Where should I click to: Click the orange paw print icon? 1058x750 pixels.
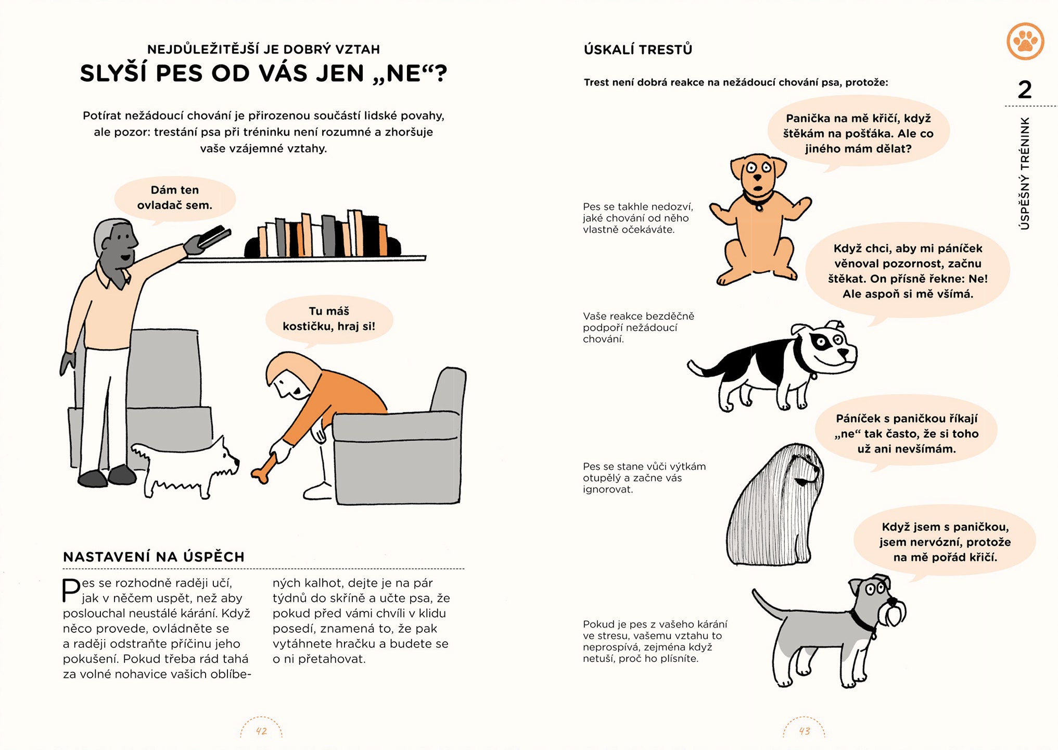[x=1025, y=41]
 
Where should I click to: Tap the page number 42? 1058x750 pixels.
[x=261, y=731]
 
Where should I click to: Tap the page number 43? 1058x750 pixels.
[x=805, y=731]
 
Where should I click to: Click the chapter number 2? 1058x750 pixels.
[x=1024, y=90]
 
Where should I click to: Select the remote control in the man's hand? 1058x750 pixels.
[x=213, y=237]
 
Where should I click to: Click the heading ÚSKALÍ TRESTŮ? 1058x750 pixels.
[x=638, y=49]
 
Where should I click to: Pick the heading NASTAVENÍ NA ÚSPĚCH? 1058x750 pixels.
[x=154, y=557]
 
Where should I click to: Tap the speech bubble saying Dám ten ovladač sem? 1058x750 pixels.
[x=175, y=198]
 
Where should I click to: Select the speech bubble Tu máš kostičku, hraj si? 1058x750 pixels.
[x=329, y=319]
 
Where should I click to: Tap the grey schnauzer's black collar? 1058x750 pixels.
[x=862, y=621]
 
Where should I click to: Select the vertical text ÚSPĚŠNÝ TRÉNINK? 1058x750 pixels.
[x=1024, y=173]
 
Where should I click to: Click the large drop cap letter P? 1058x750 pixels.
[x=71, y=590]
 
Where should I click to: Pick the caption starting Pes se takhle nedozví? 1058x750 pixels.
[x=638, y=218]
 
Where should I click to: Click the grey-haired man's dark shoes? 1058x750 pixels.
[x=107, y=476]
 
